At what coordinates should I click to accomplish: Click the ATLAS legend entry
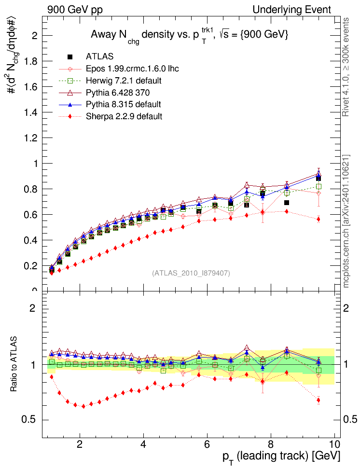[99, 57]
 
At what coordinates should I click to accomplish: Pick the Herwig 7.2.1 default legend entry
[123, 80]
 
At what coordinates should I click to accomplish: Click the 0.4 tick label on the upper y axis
[32, 240]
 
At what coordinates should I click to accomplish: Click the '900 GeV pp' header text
[75, 9]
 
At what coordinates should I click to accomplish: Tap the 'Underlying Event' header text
[292, 9]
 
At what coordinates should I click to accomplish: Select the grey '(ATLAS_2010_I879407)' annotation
[191, 273]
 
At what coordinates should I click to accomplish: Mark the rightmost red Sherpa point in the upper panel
[318, 219]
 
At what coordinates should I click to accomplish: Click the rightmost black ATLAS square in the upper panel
[318, 179]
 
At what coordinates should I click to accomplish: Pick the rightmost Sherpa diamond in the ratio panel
[318, 400]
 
